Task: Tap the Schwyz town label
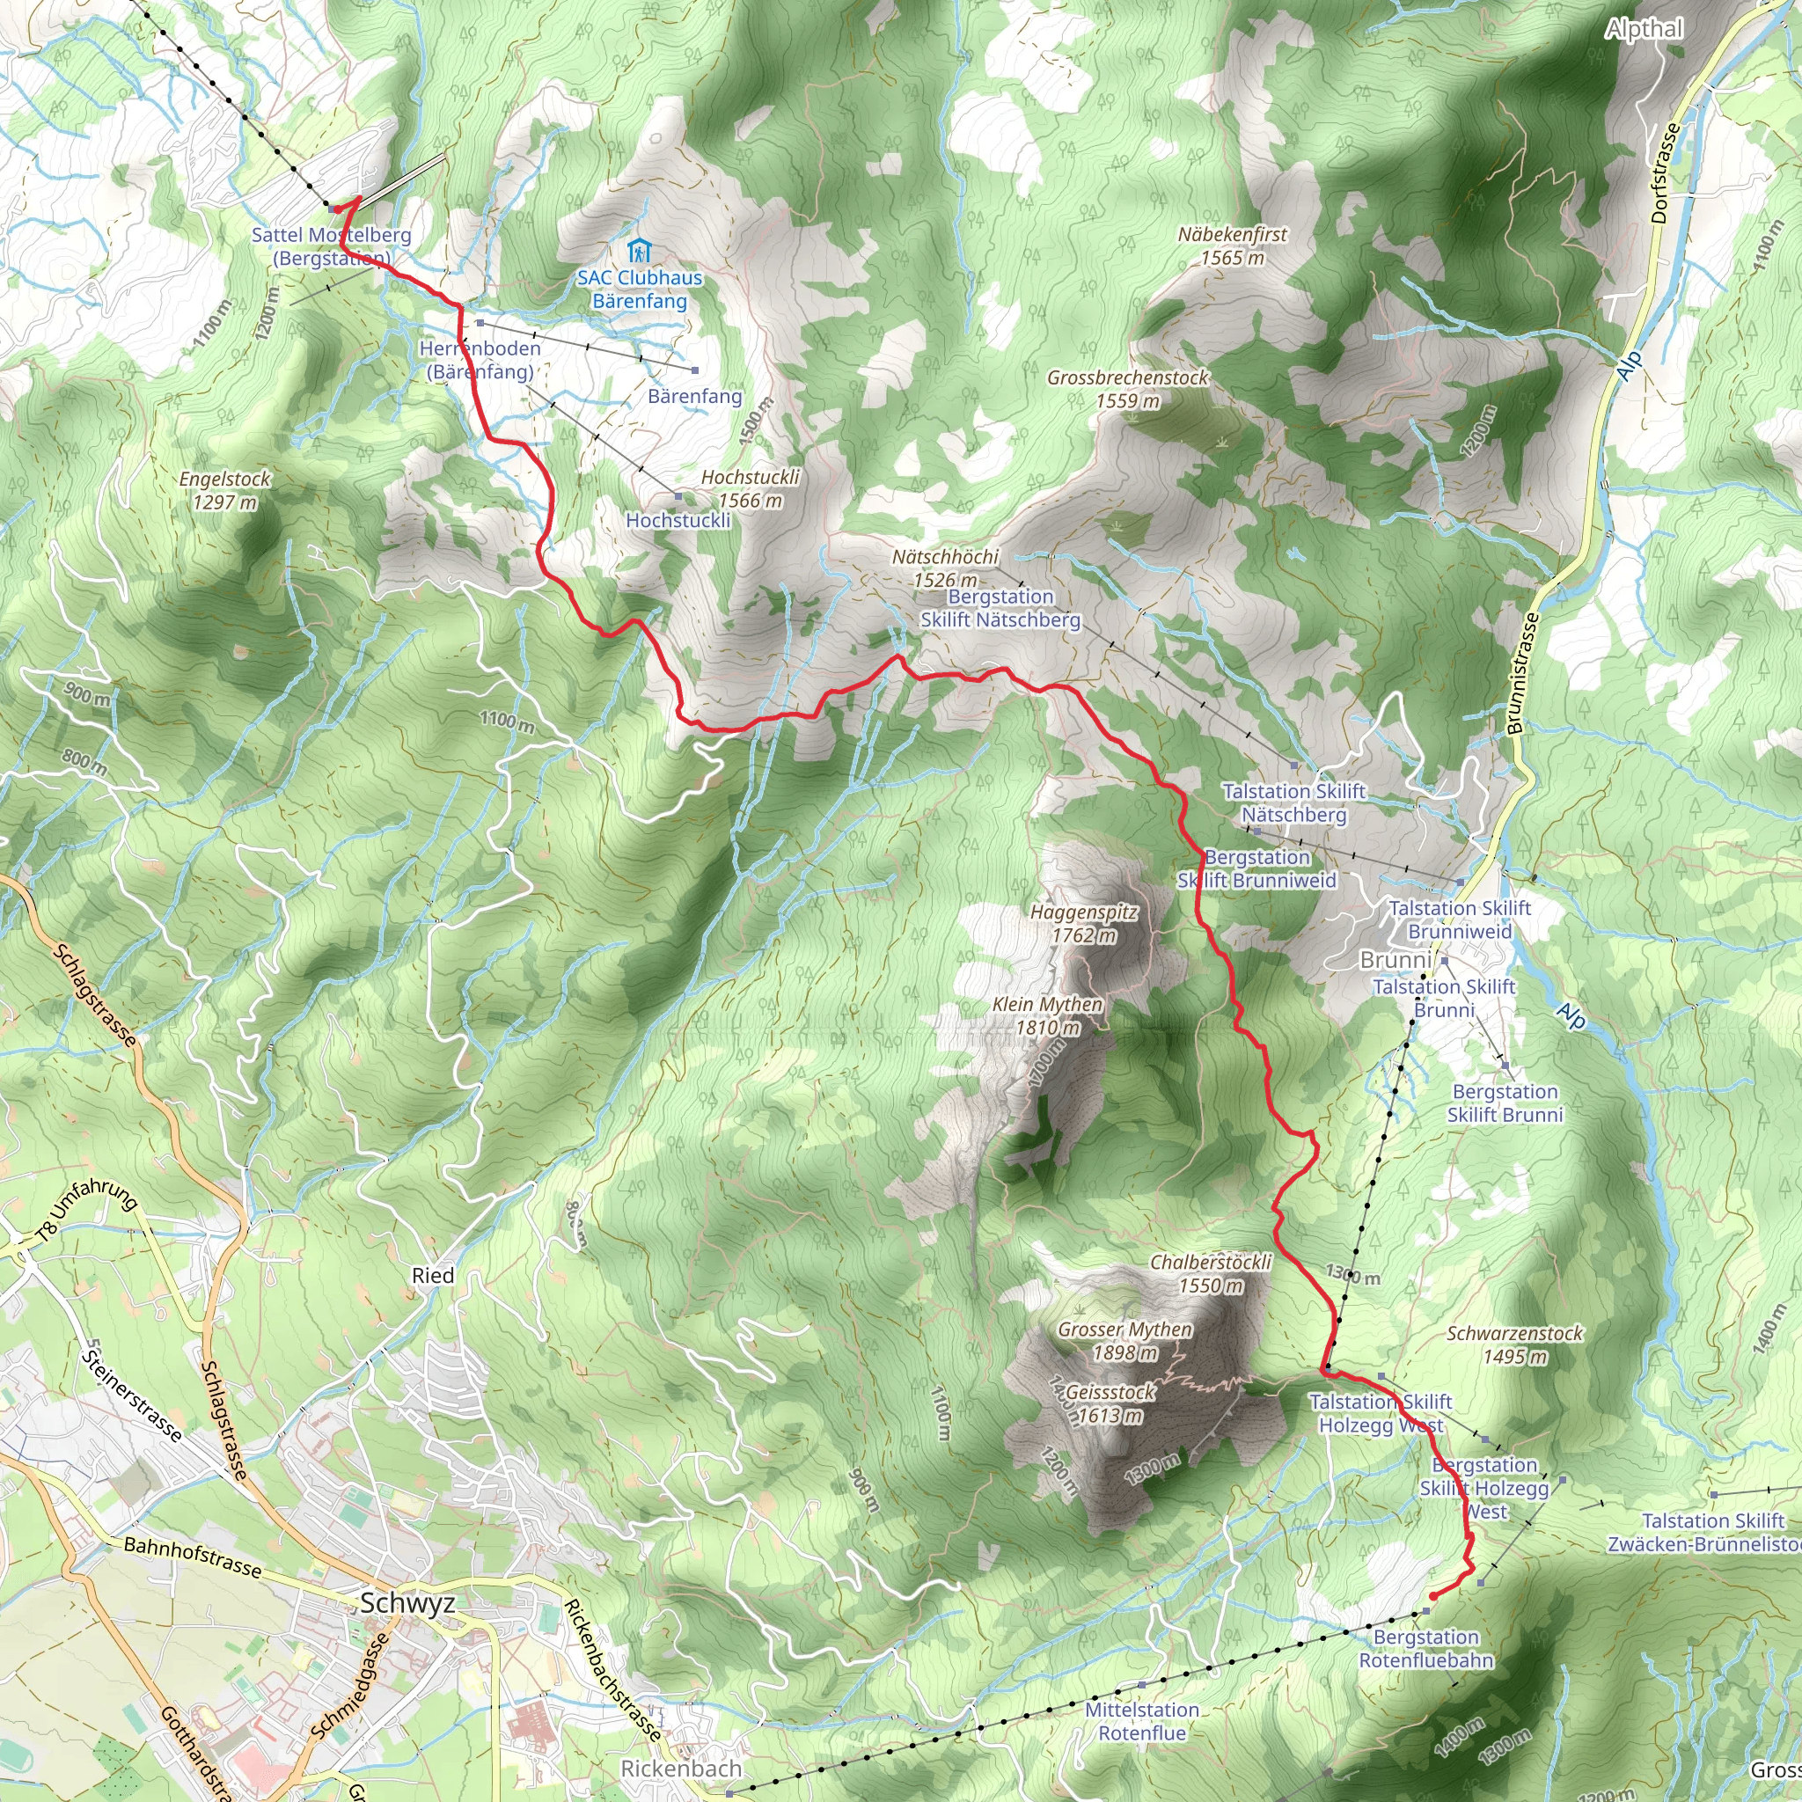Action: (407, 1602)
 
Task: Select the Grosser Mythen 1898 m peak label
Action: (1124, 1340)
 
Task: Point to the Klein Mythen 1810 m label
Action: (1047, 1015)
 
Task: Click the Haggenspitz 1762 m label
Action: (1084, 923)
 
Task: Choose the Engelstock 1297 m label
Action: (224, 491)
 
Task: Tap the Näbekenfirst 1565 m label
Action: (1232, 246)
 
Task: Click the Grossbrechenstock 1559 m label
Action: (1128, 389)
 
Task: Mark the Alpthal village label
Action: (1644, 29)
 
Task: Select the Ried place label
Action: (433, 1275)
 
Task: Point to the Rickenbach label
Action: (681, 1768)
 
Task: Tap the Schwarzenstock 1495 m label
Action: (1515, 1344)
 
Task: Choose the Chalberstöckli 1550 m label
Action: (1211, 1273)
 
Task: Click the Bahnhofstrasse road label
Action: (193, 1557)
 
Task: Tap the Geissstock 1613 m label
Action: (1110, 1403)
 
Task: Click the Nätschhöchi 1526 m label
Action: (945, 568)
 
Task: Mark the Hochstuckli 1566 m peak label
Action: (751, 488)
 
